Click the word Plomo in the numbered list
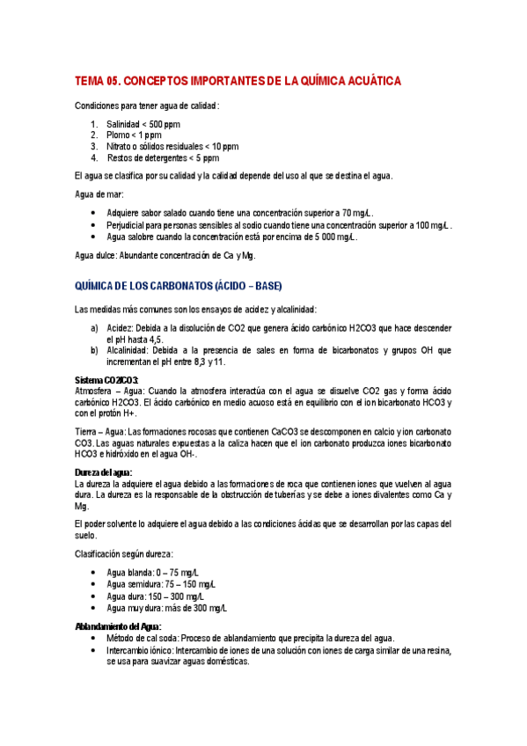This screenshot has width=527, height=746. pos(120,135)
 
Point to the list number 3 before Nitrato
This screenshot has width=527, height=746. pos(93,147)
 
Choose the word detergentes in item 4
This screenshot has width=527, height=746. pos(157,158)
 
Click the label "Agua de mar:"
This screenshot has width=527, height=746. pos(99,194)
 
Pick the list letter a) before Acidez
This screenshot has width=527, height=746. pos(94,328)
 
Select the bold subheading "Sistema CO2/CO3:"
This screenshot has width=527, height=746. pos(107,379)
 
